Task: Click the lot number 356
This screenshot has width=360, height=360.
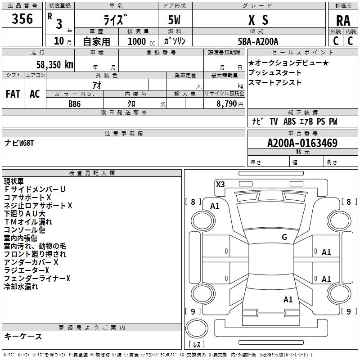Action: coord(22,19)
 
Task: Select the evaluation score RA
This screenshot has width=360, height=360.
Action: coord(343,21)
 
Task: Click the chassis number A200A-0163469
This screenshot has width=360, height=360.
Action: coord(302,144)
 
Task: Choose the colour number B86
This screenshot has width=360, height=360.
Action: coord(74,103)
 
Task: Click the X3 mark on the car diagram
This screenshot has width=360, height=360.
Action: coord(220,184)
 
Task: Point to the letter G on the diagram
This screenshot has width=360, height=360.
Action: coord(284,237)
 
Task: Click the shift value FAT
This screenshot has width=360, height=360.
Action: coord(13,94)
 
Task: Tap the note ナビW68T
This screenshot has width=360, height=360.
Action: coord(19,143)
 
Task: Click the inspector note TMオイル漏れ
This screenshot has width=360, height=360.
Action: coord(28,222)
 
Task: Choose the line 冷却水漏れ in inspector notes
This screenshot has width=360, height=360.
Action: coord(21,287)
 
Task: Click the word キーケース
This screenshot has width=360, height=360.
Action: coord(23,336)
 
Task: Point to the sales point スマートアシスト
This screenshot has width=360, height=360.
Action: coord(274,83)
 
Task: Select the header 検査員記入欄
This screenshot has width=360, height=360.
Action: coord(92,173)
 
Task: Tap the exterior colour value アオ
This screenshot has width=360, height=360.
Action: coord(96,85)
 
